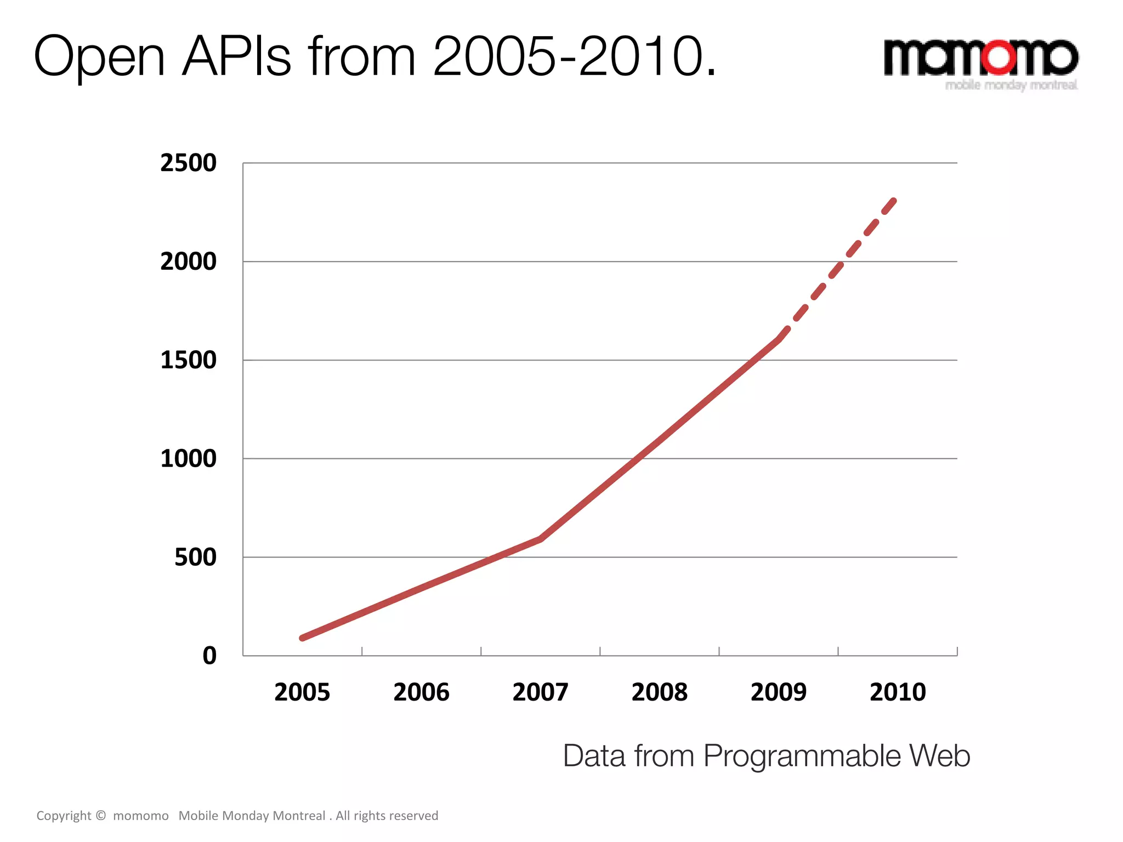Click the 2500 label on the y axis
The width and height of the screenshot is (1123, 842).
pyautogui.click(x=188, y=163)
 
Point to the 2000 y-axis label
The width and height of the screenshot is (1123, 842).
pyautogui.click(x=188, y=261)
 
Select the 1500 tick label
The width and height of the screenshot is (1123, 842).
pyautogui.click(x=188, y=360)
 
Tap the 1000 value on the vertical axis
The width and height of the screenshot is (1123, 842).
pyautogui.click(x=188, y=458)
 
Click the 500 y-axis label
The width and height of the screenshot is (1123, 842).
pyautogui.click(x=195, y=557)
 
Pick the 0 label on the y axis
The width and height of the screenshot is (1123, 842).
pyautogui.click(x=209, y=656)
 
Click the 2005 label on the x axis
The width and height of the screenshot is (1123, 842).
pyautogui.click(x=302, y=692)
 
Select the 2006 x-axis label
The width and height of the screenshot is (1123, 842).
pyautogui.click(x=421, y=692)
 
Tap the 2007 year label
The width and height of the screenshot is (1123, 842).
pyautogui.click(x=540, y=692)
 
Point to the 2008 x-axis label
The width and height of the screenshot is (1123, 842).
pyautogui.click(x=659, y=692)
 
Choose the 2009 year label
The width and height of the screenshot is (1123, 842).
pyautogui.click(x=778, y=692)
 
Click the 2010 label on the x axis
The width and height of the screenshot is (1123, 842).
pyautogui.click(x=898, y=692)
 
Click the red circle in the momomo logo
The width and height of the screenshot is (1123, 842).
pyautogui.click(x=999, y=56)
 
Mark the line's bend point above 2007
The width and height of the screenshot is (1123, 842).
pyautogui.click(x=541, y=539)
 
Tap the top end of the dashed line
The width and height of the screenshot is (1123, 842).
pyautogui.click(x=894, y=201)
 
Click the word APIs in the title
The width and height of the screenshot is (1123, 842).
pyautogui.click(x=236, y=56)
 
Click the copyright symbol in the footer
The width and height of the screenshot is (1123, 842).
pyautogui.click(x=101, y=815)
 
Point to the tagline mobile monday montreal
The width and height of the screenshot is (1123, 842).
pyautogui.click(x=1011, y=85)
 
